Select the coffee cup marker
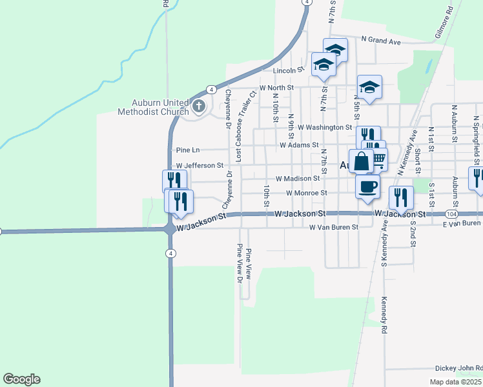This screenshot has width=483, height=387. click(x=367, y=186)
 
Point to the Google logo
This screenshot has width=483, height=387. click(x=21, y=379)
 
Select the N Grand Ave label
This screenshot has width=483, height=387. click(x=381, y=41)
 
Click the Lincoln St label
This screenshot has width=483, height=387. click(x=288, y=70)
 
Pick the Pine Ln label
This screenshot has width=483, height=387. click(x=187, y=150)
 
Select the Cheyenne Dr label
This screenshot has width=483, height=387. click(x=228, y=109)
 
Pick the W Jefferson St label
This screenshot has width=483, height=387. click(x=200, y=166)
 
